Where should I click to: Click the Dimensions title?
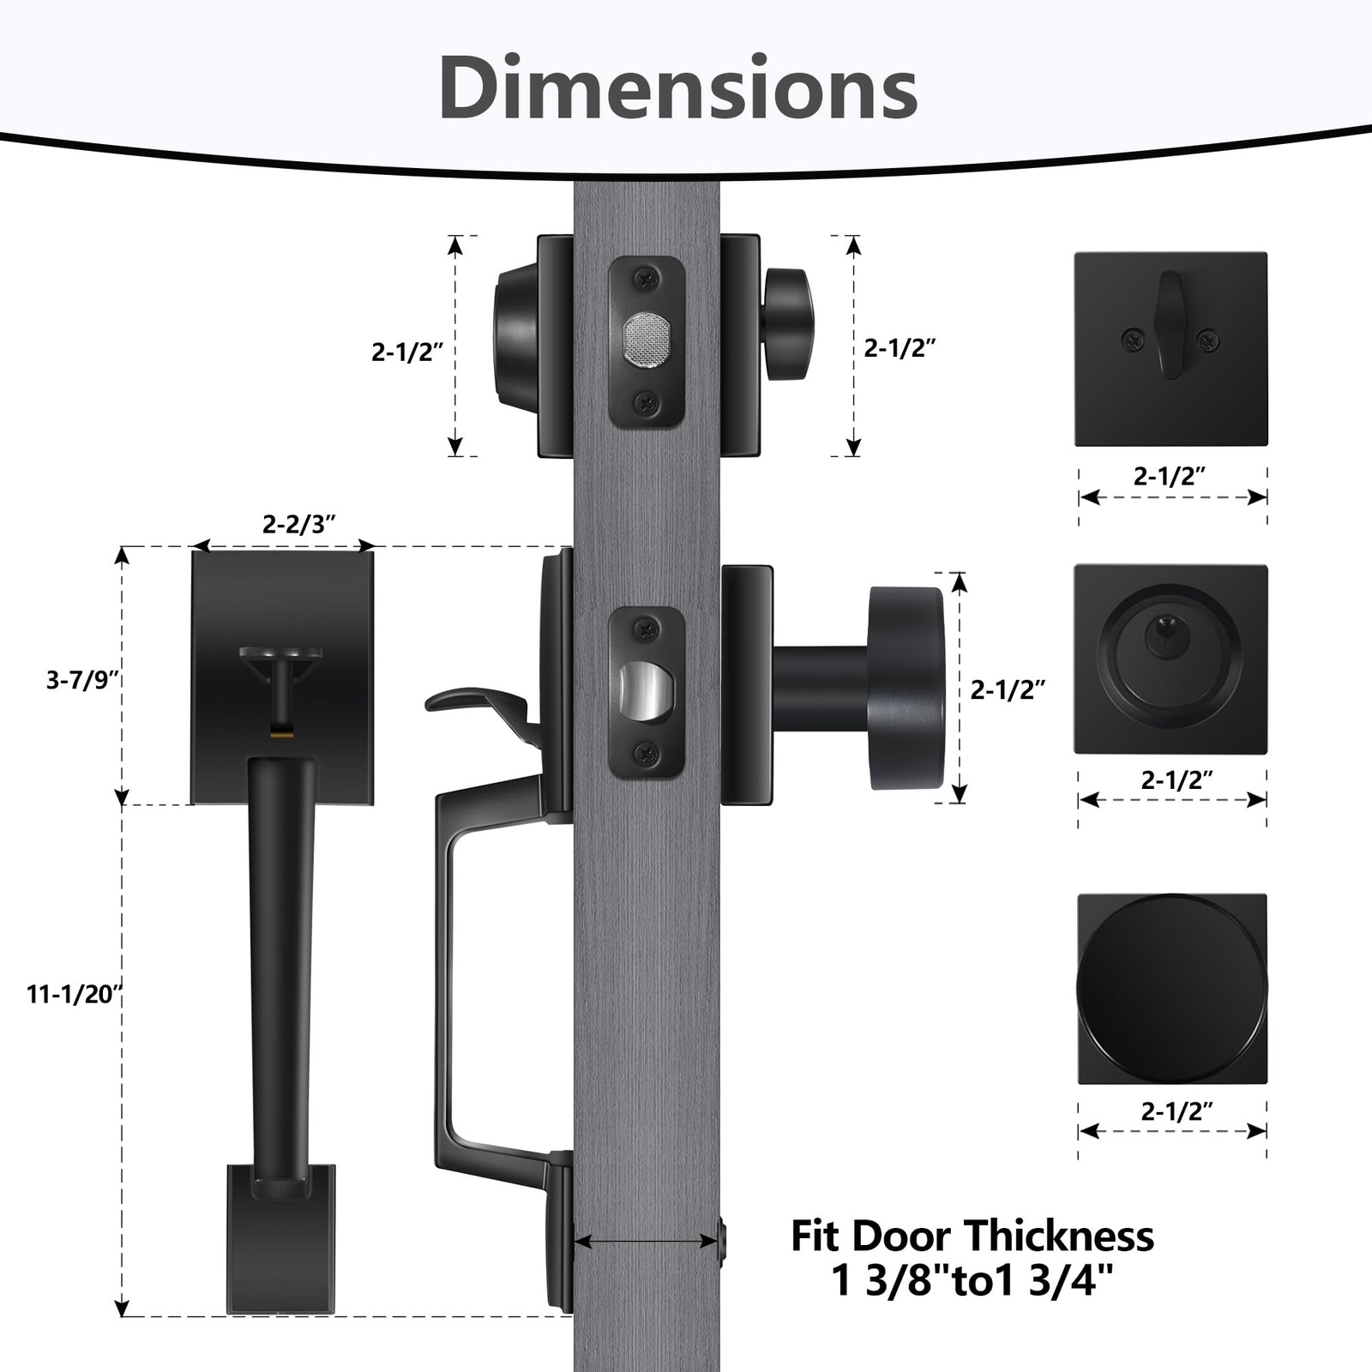click(677, 87)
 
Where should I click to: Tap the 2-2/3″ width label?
click(298, 524)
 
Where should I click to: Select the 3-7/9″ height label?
click(82, 680)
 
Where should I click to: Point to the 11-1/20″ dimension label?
click(75, 995)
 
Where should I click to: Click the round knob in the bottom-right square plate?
click(1171, 989)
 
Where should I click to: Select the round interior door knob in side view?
click(906, 688)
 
